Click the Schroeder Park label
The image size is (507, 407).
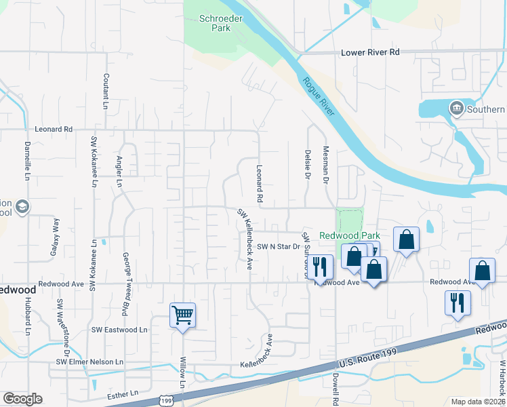tap(216, 23)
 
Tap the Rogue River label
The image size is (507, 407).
tap(319, 97)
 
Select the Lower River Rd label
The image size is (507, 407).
tap(371, 52)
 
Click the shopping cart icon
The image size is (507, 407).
tap(182, 315)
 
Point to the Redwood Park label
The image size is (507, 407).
tap(349, 235)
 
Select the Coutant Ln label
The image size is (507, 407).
tap(106, 92)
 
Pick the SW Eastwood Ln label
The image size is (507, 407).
tap(119, 330)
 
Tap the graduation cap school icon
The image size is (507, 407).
tap(22, 207)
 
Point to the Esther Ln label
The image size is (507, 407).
tap(123, 393)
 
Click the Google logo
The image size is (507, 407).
tap(22, 399)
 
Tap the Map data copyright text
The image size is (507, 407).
tap(479, 402)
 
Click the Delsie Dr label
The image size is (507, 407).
tap(308, 165)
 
